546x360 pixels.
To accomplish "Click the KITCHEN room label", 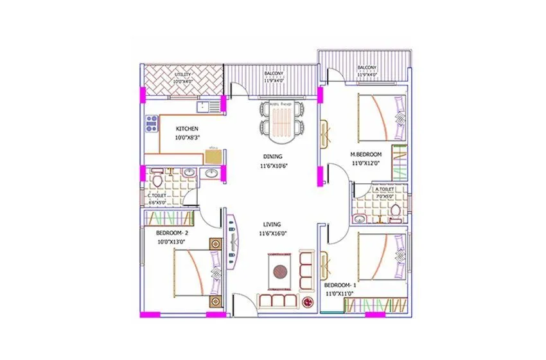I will tap(186, 129).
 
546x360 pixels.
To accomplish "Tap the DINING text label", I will tap(272, 156).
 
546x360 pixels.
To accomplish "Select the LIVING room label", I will tap(272, 224).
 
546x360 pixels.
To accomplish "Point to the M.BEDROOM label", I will tap(365, 154).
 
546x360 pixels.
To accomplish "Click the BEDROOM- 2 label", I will tap(172, 232).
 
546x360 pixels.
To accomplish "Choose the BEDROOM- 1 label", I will tap(339, 285).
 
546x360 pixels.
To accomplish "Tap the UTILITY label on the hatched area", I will tap(183, 75).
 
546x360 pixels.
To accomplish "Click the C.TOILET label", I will tap(158, 195).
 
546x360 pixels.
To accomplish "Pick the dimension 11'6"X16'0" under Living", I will tap(272, 234).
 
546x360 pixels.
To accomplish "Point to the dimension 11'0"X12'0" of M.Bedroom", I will tap(365, 164).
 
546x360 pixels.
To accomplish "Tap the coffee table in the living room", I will tap(280, 271).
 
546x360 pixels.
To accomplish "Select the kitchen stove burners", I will tap(152, 123).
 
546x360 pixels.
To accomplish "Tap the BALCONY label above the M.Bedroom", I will tap(367, 67).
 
